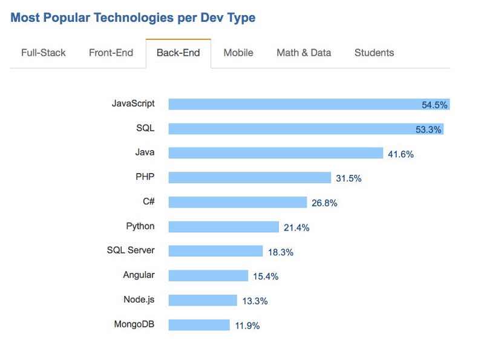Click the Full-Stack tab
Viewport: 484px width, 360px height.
point(43,53)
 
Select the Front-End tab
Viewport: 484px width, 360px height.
point(111,53)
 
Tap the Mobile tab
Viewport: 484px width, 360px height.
point(238,53)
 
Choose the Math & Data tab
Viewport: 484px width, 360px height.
point(304,53)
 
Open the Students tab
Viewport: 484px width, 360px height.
point(374,53)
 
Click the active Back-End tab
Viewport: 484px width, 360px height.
point(178,53)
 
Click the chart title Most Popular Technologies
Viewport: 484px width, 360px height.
point(133,18)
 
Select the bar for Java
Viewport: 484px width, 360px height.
point(275,153)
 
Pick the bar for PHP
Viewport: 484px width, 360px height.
point(249,177)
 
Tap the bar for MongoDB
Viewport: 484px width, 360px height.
point(198,325)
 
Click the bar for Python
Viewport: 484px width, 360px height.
point(223,227)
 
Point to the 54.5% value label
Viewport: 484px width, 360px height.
point(434,105)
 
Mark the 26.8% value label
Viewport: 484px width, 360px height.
point(324,203)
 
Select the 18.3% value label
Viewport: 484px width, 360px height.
point(281,252)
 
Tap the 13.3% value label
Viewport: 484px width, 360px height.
point(255,301)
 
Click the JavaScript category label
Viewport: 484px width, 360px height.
point(133,103)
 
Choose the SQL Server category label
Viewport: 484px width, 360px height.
point(131,250)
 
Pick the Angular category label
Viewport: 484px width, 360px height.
point(139,275)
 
